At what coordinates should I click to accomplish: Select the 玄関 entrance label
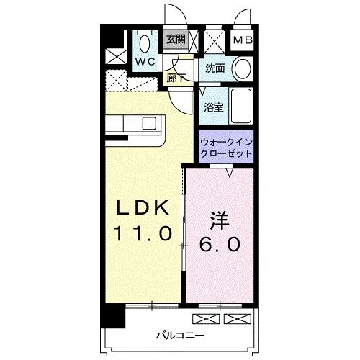(176, 40)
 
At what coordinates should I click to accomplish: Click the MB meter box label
(241, 40)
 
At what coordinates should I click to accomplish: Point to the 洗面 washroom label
(215, 68)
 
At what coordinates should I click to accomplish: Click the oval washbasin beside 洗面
(243, 69)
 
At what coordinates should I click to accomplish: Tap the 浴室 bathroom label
(212, 107)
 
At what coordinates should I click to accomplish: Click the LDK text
(143, 208)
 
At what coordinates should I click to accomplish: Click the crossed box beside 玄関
(213, 39)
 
